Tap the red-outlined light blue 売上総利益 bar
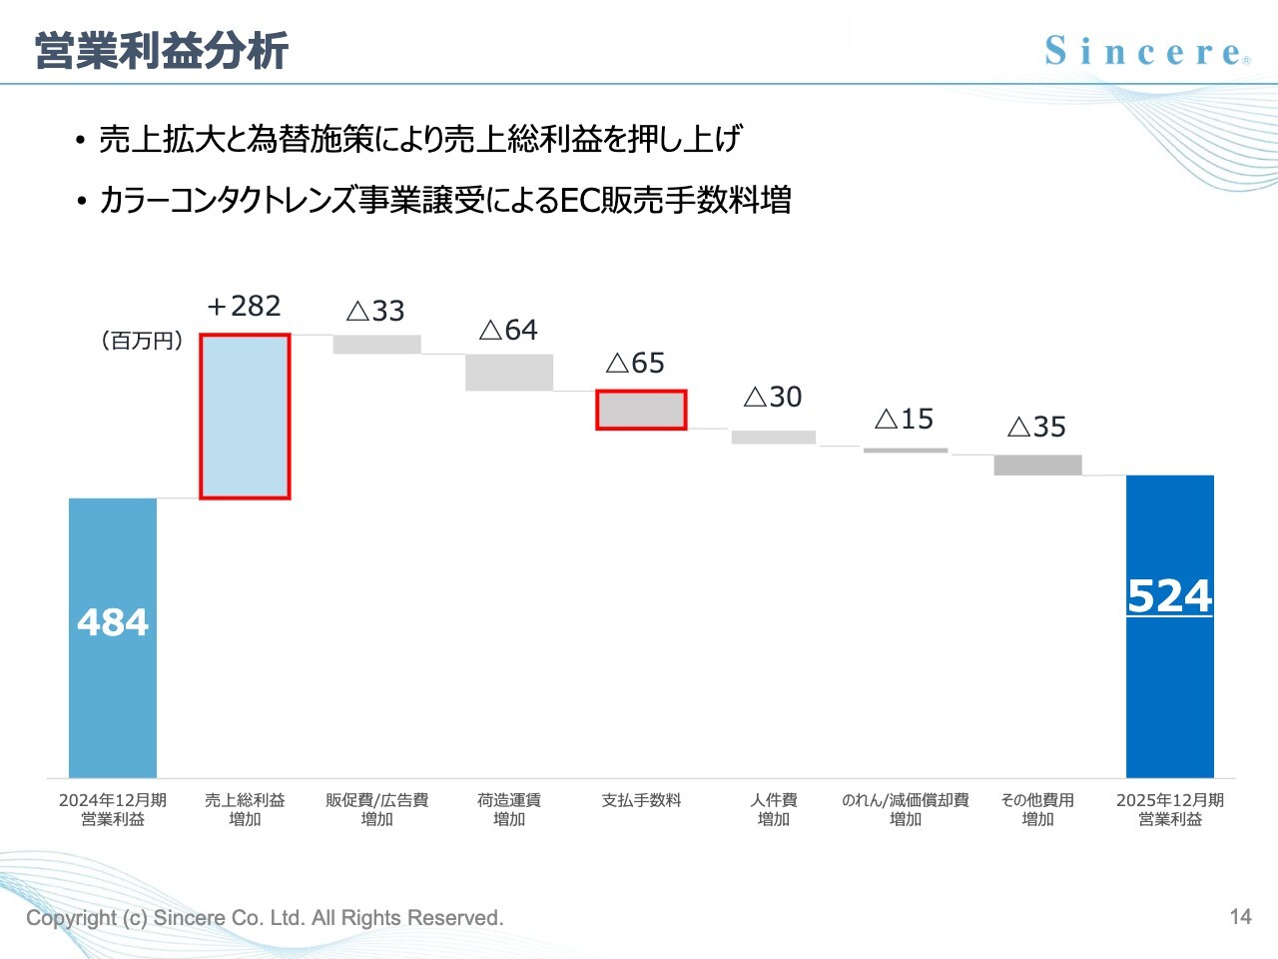point(245,416)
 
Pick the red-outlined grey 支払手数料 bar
point(641,410)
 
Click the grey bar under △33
point(376,344)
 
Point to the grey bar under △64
point(509,372)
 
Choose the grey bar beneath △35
point(1037,465)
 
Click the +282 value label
point(244,306)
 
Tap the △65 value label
point(635,363)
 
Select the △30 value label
point(773,397)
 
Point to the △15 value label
point(905,419)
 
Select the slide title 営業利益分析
point(162,51)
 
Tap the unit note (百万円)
point(142,341)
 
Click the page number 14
point(1240,916)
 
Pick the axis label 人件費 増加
point(774,809)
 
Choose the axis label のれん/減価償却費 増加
point(905,809)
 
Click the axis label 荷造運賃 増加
point(509,809)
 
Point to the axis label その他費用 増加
point(1037,809)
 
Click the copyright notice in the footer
point(265,917)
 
